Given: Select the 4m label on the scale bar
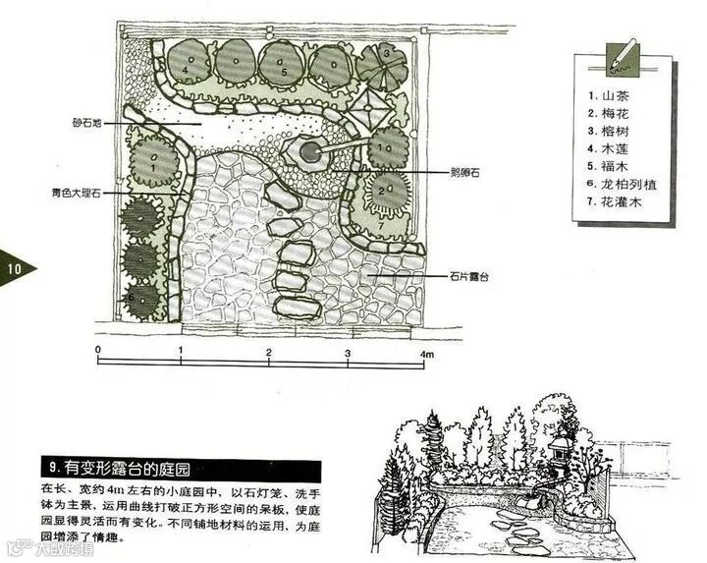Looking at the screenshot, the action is click(426, 352).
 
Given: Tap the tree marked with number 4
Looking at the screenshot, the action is click(187, 65).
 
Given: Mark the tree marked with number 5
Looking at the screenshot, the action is click(283, 66).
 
